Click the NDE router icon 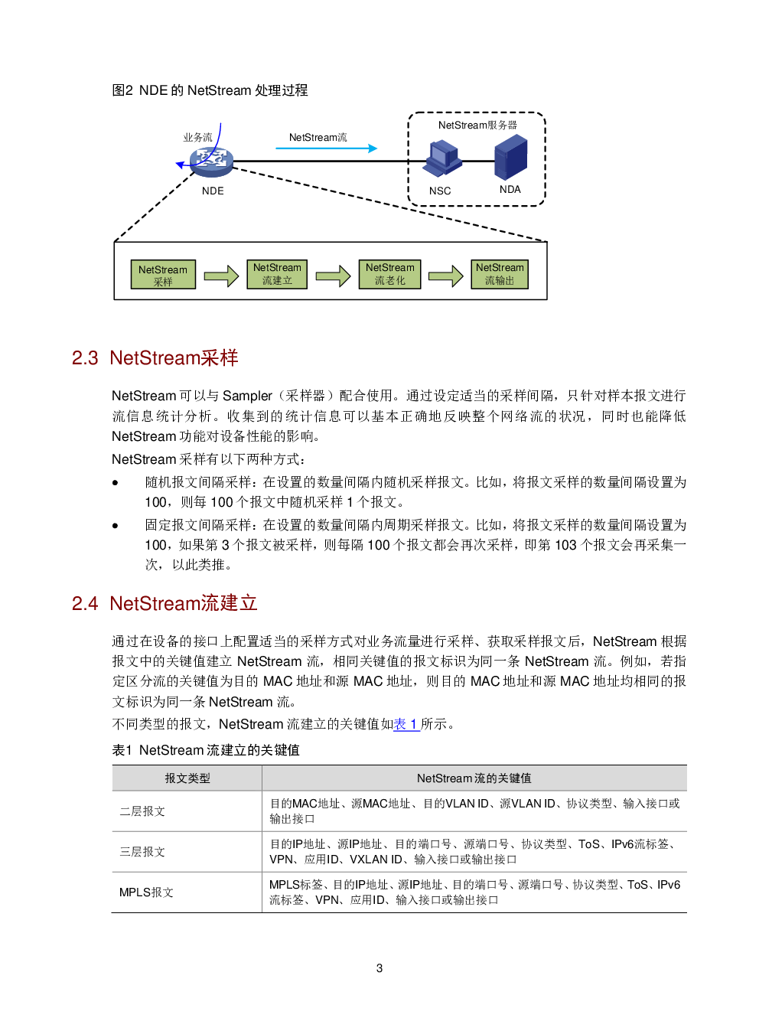point(212,162)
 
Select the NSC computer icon point(442,159)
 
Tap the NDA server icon point(510,157)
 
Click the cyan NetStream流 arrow point(326,148)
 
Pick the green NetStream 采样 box point(163,275)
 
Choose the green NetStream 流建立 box point(277,274)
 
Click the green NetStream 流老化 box point(389,274)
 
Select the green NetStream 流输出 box point(500,274)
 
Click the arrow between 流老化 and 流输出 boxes point(446,276)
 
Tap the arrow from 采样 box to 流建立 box point(221,276)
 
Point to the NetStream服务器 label point(477,126)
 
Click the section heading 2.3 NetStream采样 point(155,358)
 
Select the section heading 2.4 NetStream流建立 point(165,603)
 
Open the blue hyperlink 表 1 point(406,724)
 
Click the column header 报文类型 point(187,778)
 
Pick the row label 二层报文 point(142,811)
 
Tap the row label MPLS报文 point(146,892)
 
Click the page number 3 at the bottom point(379,968)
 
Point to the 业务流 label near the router point(198,137)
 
